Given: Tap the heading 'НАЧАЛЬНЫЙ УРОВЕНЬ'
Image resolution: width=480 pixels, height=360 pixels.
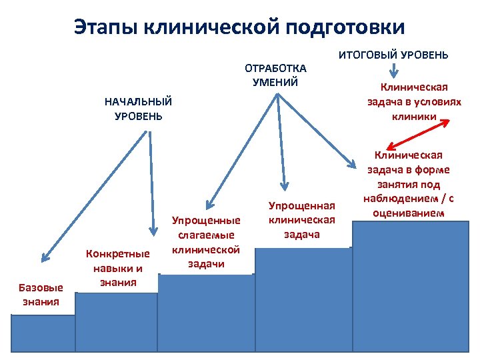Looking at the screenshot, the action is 138,109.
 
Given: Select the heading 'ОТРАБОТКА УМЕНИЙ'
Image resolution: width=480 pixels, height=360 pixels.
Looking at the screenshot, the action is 275,75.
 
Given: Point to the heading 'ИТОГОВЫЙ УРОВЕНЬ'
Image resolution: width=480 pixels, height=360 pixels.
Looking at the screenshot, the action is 394,55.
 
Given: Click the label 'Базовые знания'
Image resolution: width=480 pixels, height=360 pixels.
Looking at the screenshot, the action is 41,294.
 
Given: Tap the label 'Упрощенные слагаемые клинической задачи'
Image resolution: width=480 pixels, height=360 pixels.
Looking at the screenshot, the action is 205,241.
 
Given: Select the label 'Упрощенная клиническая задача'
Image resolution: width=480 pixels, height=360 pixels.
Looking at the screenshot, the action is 302,219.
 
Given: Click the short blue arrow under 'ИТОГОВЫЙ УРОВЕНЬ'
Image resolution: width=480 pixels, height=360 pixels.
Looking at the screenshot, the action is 395,70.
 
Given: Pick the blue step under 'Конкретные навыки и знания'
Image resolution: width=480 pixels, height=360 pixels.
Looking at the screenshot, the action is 116,321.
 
